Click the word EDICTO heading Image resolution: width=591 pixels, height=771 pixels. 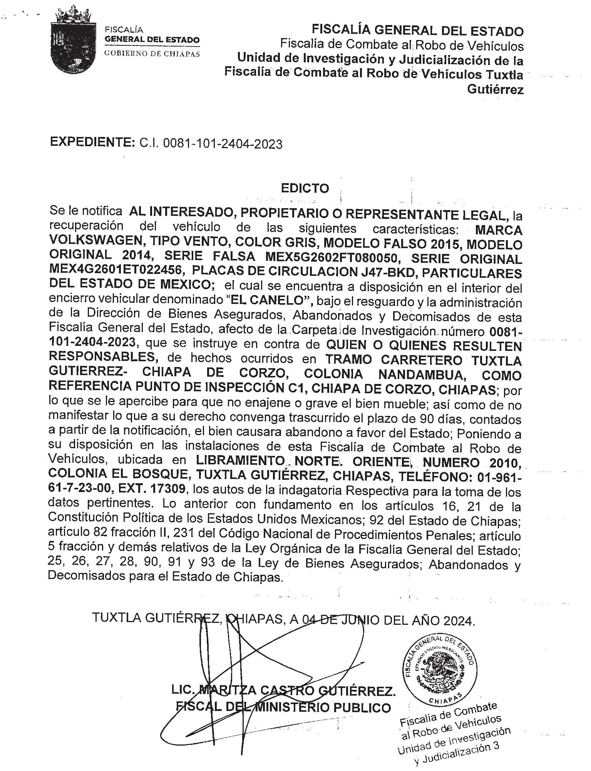coord(305,188)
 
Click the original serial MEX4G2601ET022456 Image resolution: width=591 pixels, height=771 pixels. coord(115,271)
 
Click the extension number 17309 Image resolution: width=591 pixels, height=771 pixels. coord(169,489)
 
